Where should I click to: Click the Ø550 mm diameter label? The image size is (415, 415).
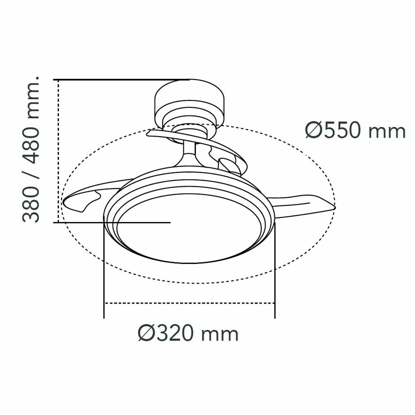point(355,131)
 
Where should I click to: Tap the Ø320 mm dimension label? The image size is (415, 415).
point(188,334)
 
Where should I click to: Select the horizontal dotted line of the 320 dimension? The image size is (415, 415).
point(189,303)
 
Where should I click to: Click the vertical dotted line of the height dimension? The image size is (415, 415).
point(58,150)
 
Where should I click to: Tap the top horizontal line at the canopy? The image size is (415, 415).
point(121,80)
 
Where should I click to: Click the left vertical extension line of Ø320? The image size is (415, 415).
point(104,270)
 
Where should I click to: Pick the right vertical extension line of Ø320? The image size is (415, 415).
point(275,270)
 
